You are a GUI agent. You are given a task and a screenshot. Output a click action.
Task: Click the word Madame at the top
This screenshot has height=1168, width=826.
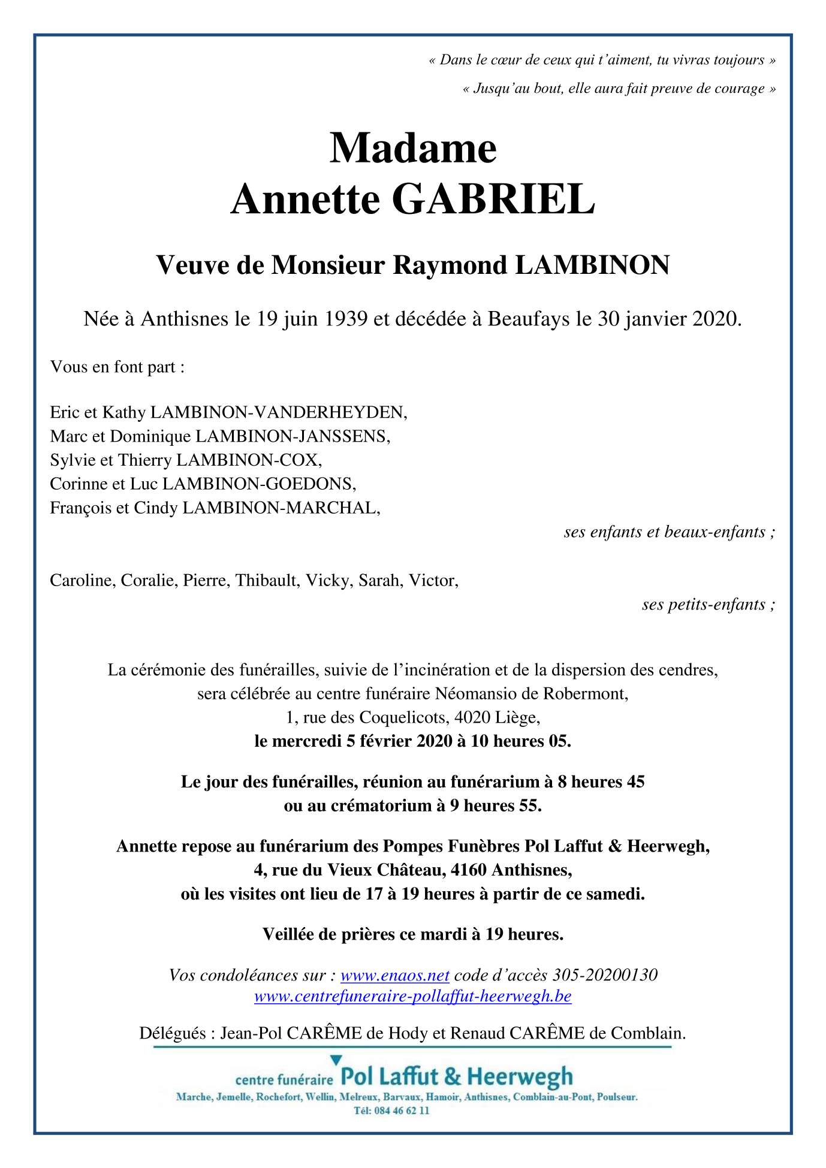pos(413,148)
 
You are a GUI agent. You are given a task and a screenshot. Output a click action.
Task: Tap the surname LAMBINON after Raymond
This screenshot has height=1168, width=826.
pos(592,265)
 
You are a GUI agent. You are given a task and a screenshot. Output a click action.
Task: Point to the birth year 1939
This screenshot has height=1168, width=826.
pos(346,319)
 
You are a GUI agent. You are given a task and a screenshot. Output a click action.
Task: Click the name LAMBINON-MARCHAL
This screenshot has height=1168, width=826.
pos(281,508)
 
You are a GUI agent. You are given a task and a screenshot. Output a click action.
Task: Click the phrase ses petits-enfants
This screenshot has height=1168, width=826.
pos(706,605)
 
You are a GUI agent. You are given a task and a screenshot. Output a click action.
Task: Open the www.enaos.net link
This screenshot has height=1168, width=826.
pos(394,975)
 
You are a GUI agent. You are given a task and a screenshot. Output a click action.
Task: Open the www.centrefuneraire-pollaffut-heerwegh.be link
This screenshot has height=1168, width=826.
pos(413,996)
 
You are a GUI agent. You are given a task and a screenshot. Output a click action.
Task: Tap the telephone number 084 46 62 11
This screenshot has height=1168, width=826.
pos(400,1110)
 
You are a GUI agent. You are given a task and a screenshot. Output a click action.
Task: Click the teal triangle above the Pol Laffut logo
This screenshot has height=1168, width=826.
pos(336,1060)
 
